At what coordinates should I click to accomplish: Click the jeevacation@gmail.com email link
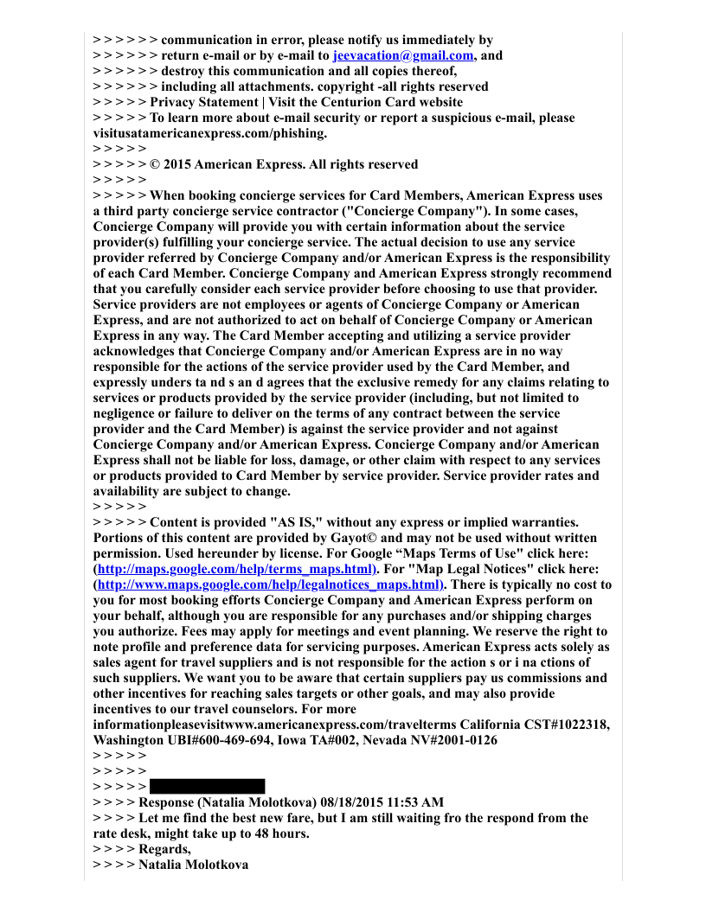(403, 55)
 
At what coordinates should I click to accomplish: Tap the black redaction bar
(207, 786)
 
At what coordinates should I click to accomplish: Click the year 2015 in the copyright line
(178, 164)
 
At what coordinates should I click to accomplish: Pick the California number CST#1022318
(566, 725)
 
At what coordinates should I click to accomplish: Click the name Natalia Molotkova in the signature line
(194, 864)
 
